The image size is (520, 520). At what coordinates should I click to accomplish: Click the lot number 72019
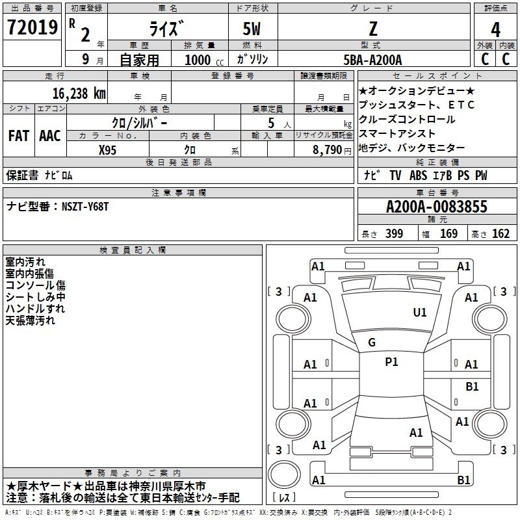[x=32, y=27]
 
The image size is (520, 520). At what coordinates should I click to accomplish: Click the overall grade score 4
[x=495, y=30]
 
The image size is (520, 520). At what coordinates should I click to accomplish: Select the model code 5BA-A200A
[x=372, y=60]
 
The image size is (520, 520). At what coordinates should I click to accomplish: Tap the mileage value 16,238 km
[x=79, y=94]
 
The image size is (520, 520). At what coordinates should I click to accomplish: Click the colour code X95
[x=107, y=150]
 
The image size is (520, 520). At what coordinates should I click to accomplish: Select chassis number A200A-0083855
[x=437, y=207]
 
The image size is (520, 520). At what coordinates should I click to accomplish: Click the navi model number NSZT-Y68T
[x=85, y=207]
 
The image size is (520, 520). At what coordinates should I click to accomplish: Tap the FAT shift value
[x=19, y=136]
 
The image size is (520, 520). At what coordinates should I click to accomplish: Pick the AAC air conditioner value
[x=50, y=136]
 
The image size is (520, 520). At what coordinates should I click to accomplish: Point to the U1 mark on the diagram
[x=420, y=313]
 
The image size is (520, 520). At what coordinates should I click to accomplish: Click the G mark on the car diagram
[x=372, y=343]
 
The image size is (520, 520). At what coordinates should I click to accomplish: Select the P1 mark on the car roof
[x=391, y=362]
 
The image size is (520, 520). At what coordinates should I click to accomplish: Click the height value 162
[x=500, y=233]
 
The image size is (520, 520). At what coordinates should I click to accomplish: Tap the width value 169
[x=448, y=233]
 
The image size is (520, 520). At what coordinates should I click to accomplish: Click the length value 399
[x=395, y=233]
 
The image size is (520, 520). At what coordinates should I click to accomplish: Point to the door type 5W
[x=252, y=29]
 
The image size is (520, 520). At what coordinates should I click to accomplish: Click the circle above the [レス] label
[x=284, y=474]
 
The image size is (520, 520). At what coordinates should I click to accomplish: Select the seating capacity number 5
[x=271, y=123]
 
